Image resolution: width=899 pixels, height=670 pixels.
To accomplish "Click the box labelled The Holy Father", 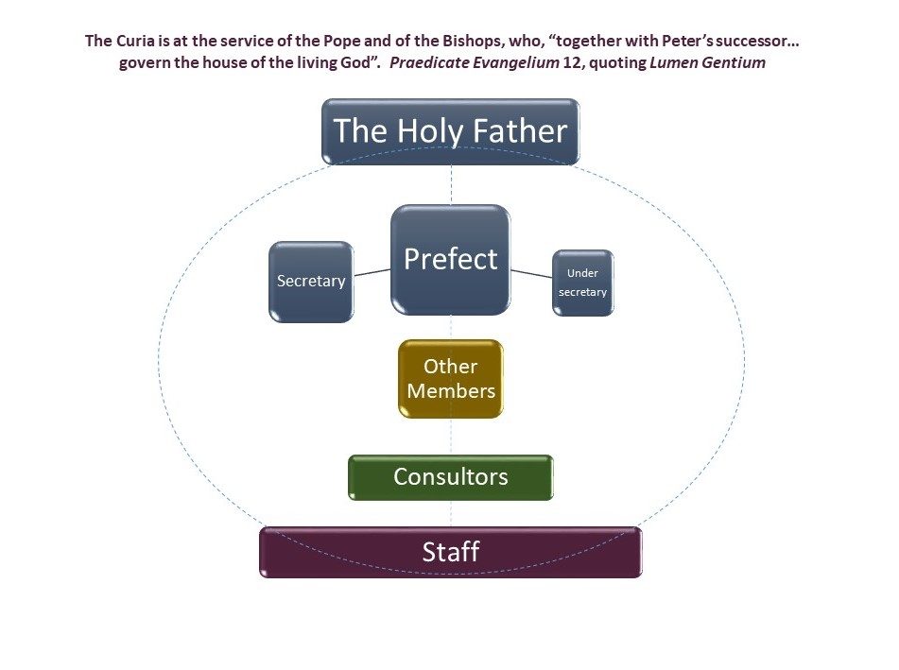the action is [450, 131].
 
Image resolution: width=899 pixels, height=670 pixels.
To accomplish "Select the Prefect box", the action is [451, 260].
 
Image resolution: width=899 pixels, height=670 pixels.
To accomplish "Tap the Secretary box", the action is [311, 282].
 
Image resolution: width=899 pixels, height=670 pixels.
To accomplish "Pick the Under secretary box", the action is [583, 283].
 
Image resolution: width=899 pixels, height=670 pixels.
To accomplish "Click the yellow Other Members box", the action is [451, 379].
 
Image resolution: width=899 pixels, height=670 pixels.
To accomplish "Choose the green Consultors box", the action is [451, 477].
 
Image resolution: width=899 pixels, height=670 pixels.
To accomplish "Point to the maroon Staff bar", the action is [451, 552].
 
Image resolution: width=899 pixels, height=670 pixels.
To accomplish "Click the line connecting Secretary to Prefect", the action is [372, 272].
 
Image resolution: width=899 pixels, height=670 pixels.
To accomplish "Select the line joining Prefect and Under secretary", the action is [531, 274].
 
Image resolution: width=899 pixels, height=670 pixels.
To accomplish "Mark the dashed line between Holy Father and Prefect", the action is [451, 184].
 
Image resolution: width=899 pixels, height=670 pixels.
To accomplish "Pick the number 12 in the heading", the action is [573, 62].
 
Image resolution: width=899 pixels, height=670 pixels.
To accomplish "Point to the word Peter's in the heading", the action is [687, 41].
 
